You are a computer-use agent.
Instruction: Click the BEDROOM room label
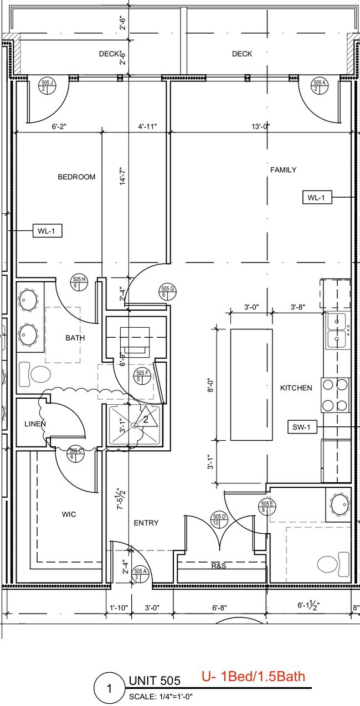pyautogui.click(x=76, y=177)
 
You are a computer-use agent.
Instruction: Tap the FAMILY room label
pyautogui.click(x=283, y=170)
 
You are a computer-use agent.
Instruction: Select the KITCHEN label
pyautogui.click(x=296, y=388)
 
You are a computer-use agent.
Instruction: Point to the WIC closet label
pyautogui.click(x=69, y=514)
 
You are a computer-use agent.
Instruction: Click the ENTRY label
pyautogui.click(x=146, y=523)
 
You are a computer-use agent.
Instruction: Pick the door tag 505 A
pyautogui.click(x=140, y=574)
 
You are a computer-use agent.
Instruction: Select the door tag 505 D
pyautogui.click(x=217, y=519)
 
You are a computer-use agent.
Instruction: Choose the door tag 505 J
pyautogui.click(x=48, y=85)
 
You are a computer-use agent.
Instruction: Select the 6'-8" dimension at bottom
pyautogui.click(x=218, y=607)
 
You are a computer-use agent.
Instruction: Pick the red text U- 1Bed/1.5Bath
pyautogui.click(x=253, y=676)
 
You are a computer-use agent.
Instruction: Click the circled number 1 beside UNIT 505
pyautogui.click(x=109, y=689)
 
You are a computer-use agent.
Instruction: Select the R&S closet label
pyautogui.click(x=219, y=566)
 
